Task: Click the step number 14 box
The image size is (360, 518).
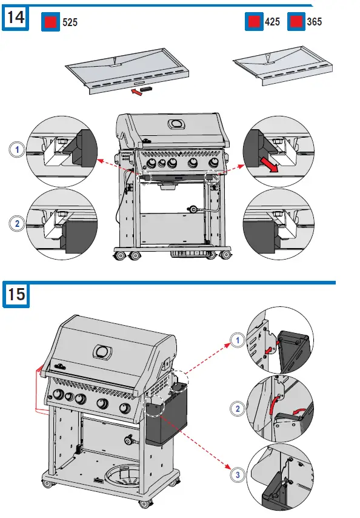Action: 16,18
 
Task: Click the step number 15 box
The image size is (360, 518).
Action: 16,295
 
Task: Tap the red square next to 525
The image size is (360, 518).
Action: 50,22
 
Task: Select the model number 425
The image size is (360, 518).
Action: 272,22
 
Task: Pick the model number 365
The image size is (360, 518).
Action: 315,22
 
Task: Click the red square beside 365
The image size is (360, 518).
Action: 296,22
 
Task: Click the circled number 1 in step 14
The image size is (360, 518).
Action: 18,149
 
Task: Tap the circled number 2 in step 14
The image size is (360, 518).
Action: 18,224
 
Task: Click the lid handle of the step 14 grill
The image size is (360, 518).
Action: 178,124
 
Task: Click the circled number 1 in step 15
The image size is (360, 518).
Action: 238,341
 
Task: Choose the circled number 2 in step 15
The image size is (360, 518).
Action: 238,409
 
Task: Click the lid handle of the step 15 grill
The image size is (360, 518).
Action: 102,351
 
